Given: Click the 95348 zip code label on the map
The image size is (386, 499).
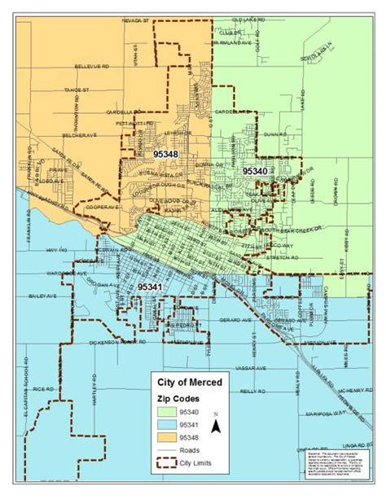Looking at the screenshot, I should [164, 152].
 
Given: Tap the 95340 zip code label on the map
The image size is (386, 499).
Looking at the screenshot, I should [255, 171].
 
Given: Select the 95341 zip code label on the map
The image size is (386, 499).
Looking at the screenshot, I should [150, 287].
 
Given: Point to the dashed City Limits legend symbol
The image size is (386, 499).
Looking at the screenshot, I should [173, 466].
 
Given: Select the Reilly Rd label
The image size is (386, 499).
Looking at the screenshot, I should [252, 391].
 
